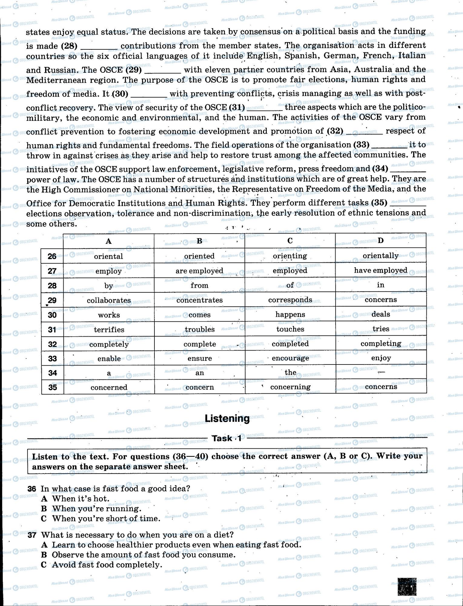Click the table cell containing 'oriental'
108,256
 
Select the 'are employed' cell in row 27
199,271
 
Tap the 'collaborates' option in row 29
109,300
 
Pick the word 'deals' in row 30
381,314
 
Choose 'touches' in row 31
290,329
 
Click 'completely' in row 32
109,344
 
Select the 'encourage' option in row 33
290,358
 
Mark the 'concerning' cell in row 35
290,387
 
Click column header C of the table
290,241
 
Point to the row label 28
52,285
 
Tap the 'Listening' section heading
227,418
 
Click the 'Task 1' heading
227,438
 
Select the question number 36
31,489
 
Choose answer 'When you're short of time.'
106,518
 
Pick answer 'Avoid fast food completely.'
107,564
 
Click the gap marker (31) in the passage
237,107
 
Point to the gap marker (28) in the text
69,46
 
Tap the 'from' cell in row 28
199,285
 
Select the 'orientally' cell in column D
381,256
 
